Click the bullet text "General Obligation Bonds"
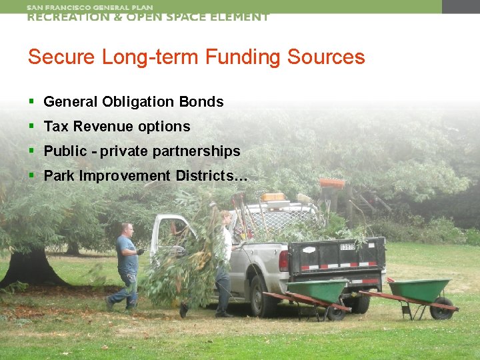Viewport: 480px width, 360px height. [x=133, y=102]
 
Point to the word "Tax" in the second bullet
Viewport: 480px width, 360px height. [x=56, y=127]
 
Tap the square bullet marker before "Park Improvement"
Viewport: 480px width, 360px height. [x=31, y=175]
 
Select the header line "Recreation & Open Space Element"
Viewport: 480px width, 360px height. [x=147, y=17]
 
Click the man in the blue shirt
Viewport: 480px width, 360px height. [x=126, y=263]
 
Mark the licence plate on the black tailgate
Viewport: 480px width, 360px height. [x=348, y=247]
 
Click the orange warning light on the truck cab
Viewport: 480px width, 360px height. [x=273, y=197]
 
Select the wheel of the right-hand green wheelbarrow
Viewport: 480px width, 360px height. [x=441, y=308]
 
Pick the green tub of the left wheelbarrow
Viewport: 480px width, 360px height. [x=316, y=290]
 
